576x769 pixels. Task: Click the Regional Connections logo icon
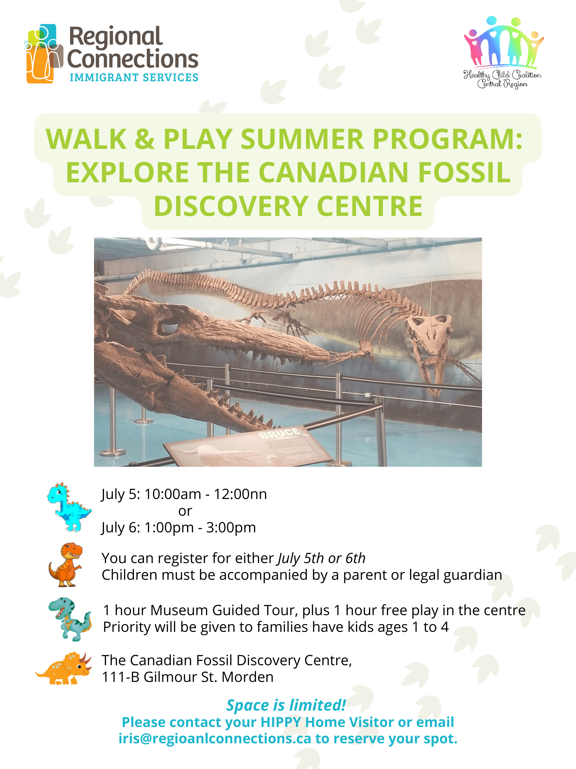[x=44, y=53]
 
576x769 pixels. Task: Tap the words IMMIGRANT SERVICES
[x=134, y=77]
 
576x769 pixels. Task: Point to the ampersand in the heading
[x=145, y=139]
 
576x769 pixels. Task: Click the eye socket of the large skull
[x=168, y=327]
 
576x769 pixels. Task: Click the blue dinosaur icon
[x=69, y=507]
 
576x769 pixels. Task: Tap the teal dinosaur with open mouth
[x=70, y=619]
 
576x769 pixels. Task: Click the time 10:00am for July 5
[x=173, y=494]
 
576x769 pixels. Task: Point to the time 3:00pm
[x=231, y=528]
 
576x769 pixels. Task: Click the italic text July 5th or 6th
[x=321, y=558]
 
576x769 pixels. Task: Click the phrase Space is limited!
[x=286, y=705]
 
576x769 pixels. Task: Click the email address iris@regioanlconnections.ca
[x=215, y=739]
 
